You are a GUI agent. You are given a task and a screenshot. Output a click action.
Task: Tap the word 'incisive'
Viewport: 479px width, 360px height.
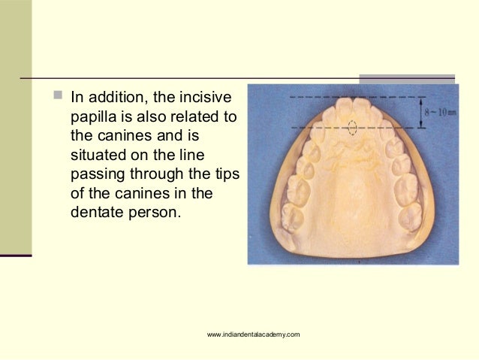pos(207,98)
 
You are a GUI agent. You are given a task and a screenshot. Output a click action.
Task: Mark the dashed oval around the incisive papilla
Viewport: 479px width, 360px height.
pos(352,127)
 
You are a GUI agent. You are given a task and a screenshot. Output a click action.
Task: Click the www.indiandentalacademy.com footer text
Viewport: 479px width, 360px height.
pos(254,334)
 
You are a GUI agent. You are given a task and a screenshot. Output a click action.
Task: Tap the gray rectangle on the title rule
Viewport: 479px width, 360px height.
pos(406,79)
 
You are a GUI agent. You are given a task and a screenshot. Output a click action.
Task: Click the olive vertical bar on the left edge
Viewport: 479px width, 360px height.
pos(16,128)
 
